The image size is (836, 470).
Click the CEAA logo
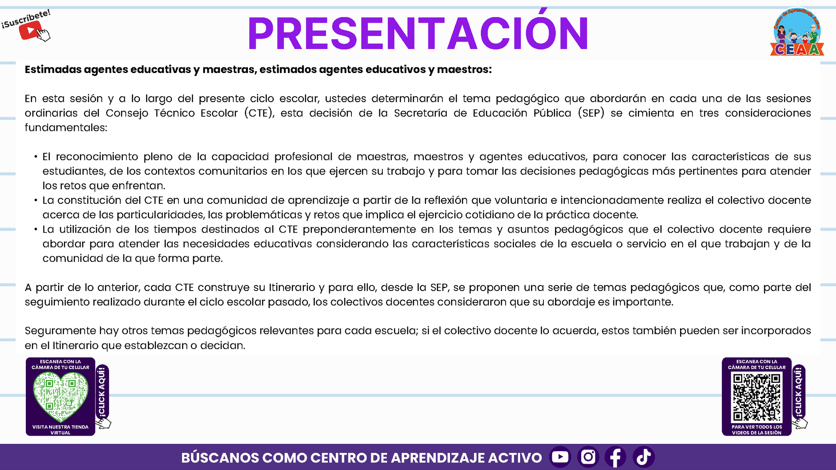pyautogui.click(x=797, y=32)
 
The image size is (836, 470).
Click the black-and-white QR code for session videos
pyautogui.click(x=757, y=397)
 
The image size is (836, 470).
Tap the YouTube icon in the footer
pyautogui.click(x=560, y=457)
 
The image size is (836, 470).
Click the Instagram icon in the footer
pyautogui.click(x=588, y=457)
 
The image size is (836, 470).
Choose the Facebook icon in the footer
pyautogui.click(x=616, y=457)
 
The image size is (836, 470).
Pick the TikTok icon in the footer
pyautogui.click(x=644, y=457)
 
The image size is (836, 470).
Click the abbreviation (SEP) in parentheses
pyautogui.click(x=591, y=113)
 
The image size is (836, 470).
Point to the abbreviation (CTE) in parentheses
pyautogui.click(x=259, y=113)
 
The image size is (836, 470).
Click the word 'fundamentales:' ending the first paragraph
pyautogui.click(x=66, y=127)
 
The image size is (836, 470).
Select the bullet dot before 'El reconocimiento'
pyautogui.click(x=36, y=157)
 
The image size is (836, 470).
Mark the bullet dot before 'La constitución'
pyautogui.click(x=36, y=200)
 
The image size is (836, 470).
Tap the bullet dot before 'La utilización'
pyautogui.click(x=36, y=230)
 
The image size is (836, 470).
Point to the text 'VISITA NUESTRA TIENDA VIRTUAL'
pyautogui.click(x=61, y=430)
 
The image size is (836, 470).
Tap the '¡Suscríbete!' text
pyautogui.click(x=26, y=19)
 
